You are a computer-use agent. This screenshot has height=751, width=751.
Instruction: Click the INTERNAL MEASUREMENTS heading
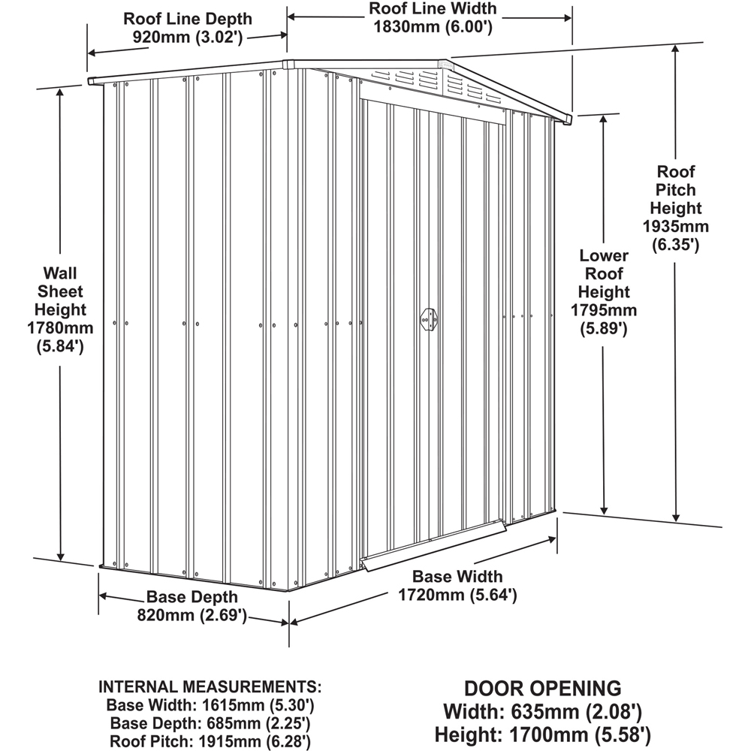click(210, 687)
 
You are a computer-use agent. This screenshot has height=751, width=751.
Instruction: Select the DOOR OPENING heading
click(542, 687)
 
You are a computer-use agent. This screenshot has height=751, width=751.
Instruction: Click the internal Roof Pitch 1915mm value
click(261, 741)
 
